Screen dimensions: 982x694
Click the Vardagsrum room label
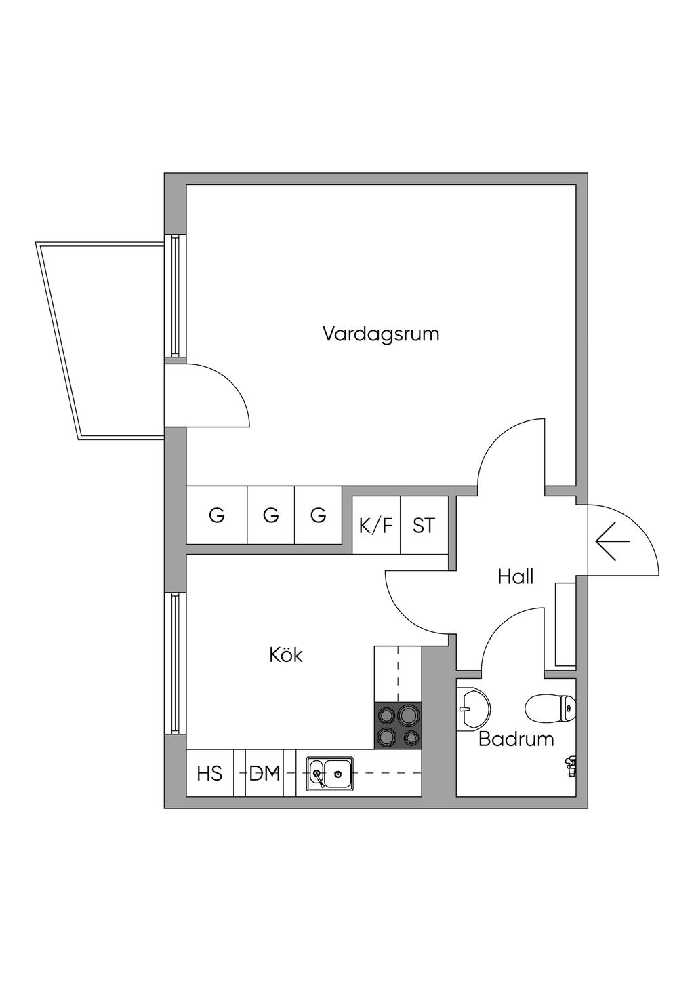tap(380, 334)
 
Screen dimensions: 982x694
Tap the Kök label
tap(286, 655)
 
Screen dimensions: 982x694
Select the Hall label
tap(516, 577)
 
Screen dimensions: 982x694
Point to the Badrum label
tap(516, 739)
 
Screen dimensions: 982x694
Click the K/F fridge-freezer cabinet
tap(376, 526)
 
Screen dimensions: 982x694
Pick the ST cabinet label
tap(424, 526)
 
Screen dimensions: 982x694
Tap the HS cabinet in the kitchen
tap(209, 773)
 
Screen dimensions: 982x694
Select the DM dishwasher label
tap(264, 773)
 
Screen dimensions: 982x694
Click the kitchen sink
tap(329, 773)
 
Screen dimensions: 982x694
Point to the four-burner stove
tap(398, 726)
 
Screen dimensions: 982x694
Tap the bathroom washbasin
tap(472, 709)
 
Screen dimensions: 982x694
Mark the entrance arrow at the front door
tap(613, 541)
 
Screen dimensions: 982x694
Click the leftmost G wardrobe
tap(217, 515)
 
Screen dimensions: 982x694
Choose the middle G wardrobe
tap(271, 515)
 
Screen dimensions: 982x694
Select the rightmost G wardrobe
tap(319, 515)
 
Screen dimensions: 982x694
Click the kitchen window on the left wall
tap(176, 663)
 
